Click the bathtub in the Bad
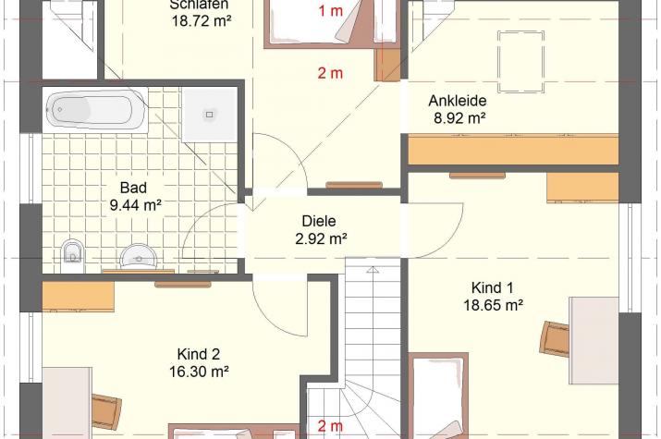[96, 110]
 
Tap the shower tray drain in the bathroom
[210, 115]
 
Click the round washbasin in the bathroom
[139, 256]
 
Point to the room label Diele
[319, 221]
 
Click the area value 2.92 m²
[321, 238]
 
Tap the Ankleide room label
[458, 101]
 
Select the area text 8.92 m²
[459, 118]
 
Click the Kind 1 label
[492, 287]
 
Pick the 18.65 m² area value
[494, 305]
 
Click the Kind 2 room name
[199, 354]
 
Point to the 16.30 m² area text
[199, 372]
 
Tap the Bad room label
[134, 188]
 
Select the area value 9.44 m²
[135, 205]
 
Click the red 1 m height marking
[331, 11]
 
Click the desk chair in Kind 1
[556, 338]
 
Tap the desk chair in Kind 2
[106, 411]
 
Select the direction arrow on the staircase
[373, 270]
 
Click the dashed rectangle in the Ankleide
[520, 61]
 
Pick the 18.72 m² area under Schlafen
[202, 20]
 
